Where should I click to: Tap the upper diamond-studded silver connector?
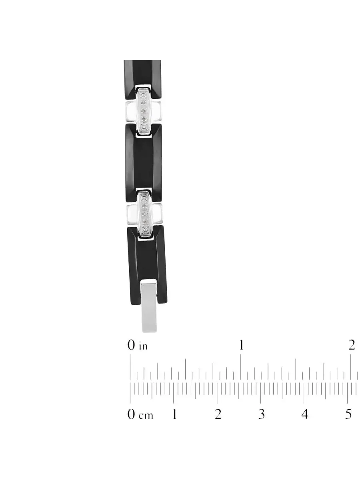click(143, 111)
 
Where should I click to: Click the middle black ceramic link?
click(144, 163)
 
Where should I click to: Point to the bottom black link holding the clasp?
click(147, 266)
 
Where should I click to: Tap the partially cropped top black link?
click(142, 79)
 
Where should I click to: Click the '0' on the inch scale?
click(131, 346)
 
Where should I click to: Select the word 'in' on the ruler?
click(143, 347)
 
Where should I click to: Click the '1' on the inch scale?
click(241, 345)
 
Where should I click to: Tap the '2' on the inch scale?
click(352, 345)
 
